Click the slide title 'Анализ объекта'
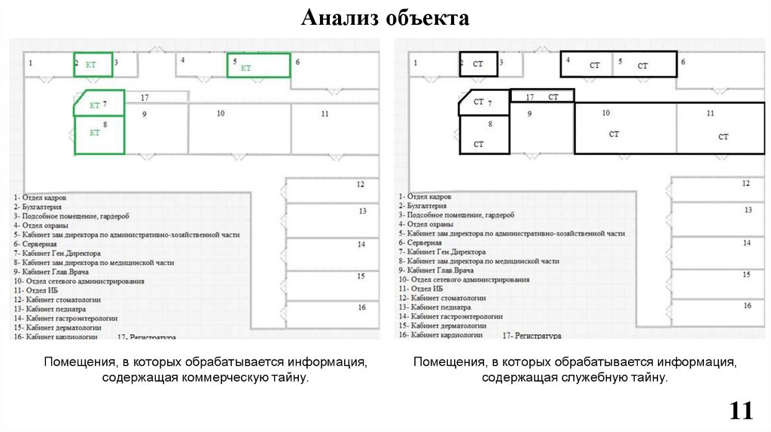(x=385, y=17)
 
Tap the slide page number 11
(x=741, y=411)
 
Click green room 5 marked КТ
(x=258, y=65)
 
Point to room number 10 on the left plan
(x=220, y=114)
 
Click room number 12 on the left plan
(x=361, y=184)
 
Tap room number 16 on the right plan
(x=747, y=306)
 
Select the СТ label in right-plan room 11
(x=723, y=137)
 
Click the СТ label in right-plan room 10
(x=614, y=134)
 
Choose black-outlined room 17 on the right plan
(x=542, y=96)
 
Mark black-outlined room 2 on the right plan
(x=478, y=65)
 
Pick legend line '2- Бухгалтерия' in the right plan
(x=422, y=205)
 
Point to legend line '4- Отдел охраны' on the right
(x=426, y=224)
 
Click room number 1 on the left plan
(x=30, y=64)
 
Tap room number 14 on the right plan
(x=747, y=243)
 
